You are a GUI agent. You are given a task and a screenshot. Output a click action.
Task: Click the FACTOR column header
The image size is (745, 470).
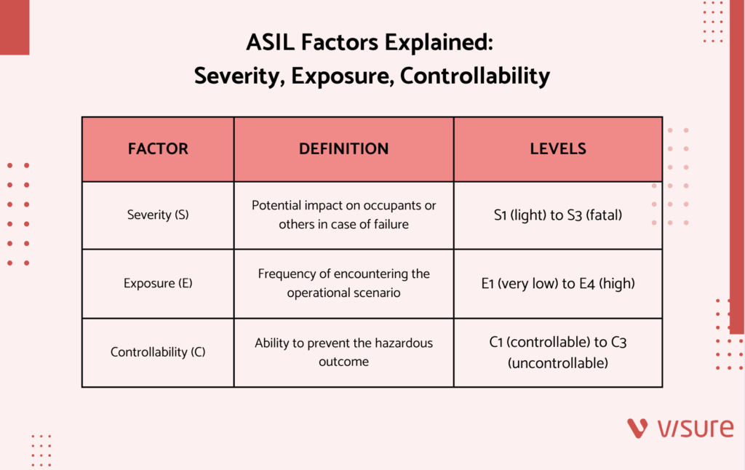coord(158,149)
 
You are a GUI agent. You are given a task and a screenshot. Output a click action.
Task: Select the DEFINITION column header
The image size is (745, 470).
coord(343,149)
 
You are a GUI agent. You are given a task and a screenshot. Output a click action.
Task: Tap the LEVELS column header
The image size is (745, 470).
coord(558,149)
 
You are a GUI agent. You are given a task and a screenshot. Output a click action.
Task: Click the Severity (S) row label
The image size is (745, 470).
coord(158,215)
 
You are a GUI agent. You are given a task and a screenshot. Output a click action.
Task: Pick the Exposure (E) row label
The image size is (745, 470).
coord(158,284)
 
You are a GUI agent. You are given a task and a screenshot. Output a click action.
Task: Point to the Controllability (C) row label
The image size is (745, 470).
coord(158,352)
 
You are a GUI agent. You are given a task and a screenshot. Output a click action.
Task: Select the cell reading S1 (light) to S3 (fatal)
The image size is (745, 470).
coord(558,215)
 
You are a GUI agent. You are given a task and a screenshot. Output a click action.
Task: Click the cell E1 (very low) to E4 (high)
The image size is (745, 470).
coord(558,284)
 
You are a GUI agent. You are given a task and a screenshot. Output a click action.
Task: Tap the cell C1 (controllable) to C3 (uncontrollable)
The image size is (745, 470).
coord(558,352)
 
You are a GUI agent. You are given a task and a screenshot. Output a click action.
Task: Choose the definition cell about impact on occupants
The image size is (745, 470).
coord(343,215)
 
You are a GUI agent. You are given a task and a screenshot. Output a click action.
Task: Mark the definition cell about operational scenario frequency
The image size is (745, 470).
coord(343,284)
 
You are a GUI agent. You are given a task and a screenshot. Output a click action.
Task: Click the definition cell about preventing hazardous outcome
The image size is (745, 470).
coord(343,352)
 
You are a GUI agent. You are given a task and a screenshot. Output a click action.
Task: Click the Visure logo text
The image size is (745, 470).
coord(695,429)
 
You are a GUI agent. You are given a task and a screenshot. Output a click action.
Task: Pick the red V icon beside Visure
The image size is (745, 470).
coord(638,429)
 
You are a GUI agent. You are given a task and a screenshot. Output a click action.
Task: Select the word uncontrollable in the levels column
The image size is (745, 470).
coord(558,362)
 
